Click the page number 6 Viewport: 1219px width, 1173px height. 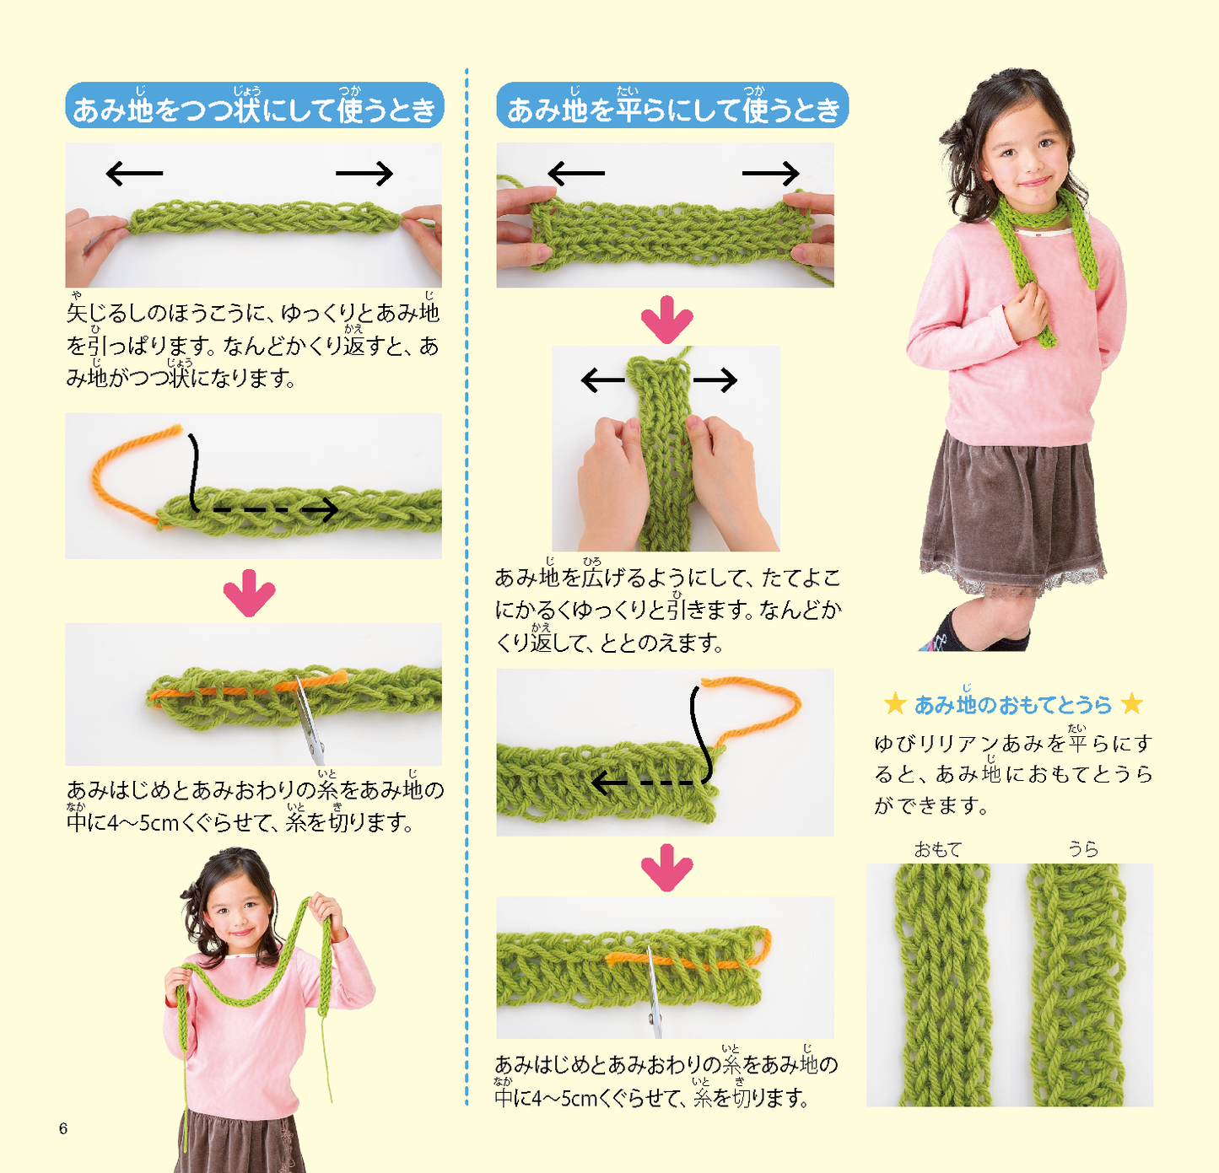pyautogui.click(x=62, y=1128)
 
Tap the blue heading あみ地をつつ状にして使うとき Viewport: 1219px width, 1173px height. pyautogui.click(x=254, y=105)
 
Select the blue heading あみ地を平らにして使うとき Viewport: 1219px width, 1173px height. pyautogui.click(x=672, y=105)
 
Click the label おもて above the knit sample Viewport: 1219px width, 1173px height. pyautogui.click(x=937, y=849)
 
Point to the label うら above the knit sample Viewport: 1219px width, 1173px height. pyautogui.click(x=1084, y=849)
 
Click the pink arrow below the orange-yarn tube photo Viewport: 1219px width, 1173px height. pyautogui.click(x=250, y=593)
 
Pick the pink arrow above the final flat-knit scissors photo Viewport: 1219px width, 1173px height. pyautogui.click(x=666, y=868)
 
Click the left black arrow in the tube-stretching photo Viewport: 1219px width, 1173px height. pyautogui.click(x=134, y=174)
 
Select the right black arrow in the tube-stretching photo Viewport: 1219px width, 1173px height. pyautogui.click(x=364, y=174)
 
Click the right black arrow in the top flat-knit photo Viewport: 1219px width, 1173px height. pyautogui.click(x=770, y=174)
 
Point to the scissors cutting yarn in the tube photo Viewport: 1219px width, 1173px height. pyautogui.click(x=310, y=720)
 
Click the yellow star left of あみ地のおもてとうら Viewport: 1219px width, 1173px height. pyautogui.click(x=894, y=704)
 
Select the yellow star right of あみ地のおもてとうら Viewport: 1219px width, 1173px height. pyautogui.click(x=1132, y=704)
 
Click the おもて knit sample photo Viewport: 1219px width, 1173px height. pyautogui.click(x=943, y=984)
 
